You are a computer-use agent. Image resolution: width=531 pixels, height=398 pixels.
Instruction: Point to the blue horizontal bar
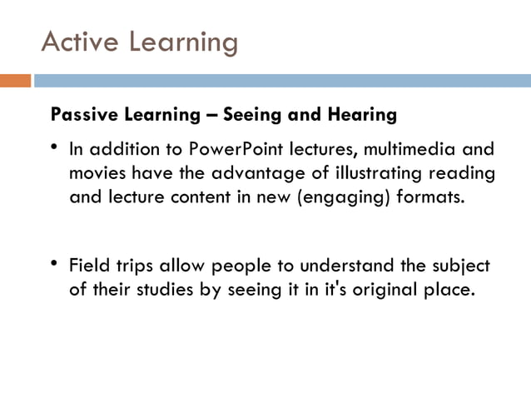282,81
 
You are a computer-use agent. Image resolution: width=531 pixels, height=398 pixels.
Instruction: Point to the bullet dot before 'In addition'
54,148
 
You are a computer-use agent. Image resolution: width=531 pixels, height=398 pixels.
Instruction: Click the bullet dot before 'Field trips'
54,263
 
